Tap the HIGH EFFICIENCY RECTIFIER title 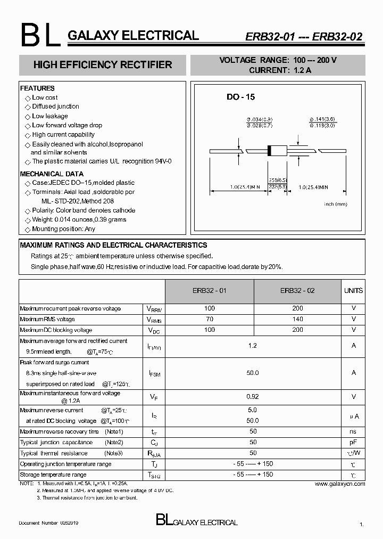(103, 65)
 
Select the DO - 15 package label (240, 97)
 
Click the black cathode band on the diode (269, 151)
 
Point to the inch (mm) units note (335, 204)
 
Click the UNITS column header (353, 291)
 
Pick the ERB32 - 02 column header (297, 291)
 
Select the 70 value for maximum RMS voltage (210, 319)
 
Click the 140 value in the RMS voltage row (297, 319)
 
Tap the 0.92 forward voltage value (253, 397)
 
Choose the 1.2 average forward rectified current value (253, 346)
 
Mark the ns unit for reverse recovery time (353, 431)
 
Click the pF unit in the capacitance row (353, 442)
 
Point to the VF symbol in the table (154, 397)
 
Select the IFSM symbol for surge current (154, 374)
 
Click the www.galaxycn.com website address (340, 484)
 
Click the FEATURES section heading (37, 88)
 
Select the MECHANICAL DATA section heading (52, 174)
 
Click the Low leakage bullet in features (49, 116)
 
